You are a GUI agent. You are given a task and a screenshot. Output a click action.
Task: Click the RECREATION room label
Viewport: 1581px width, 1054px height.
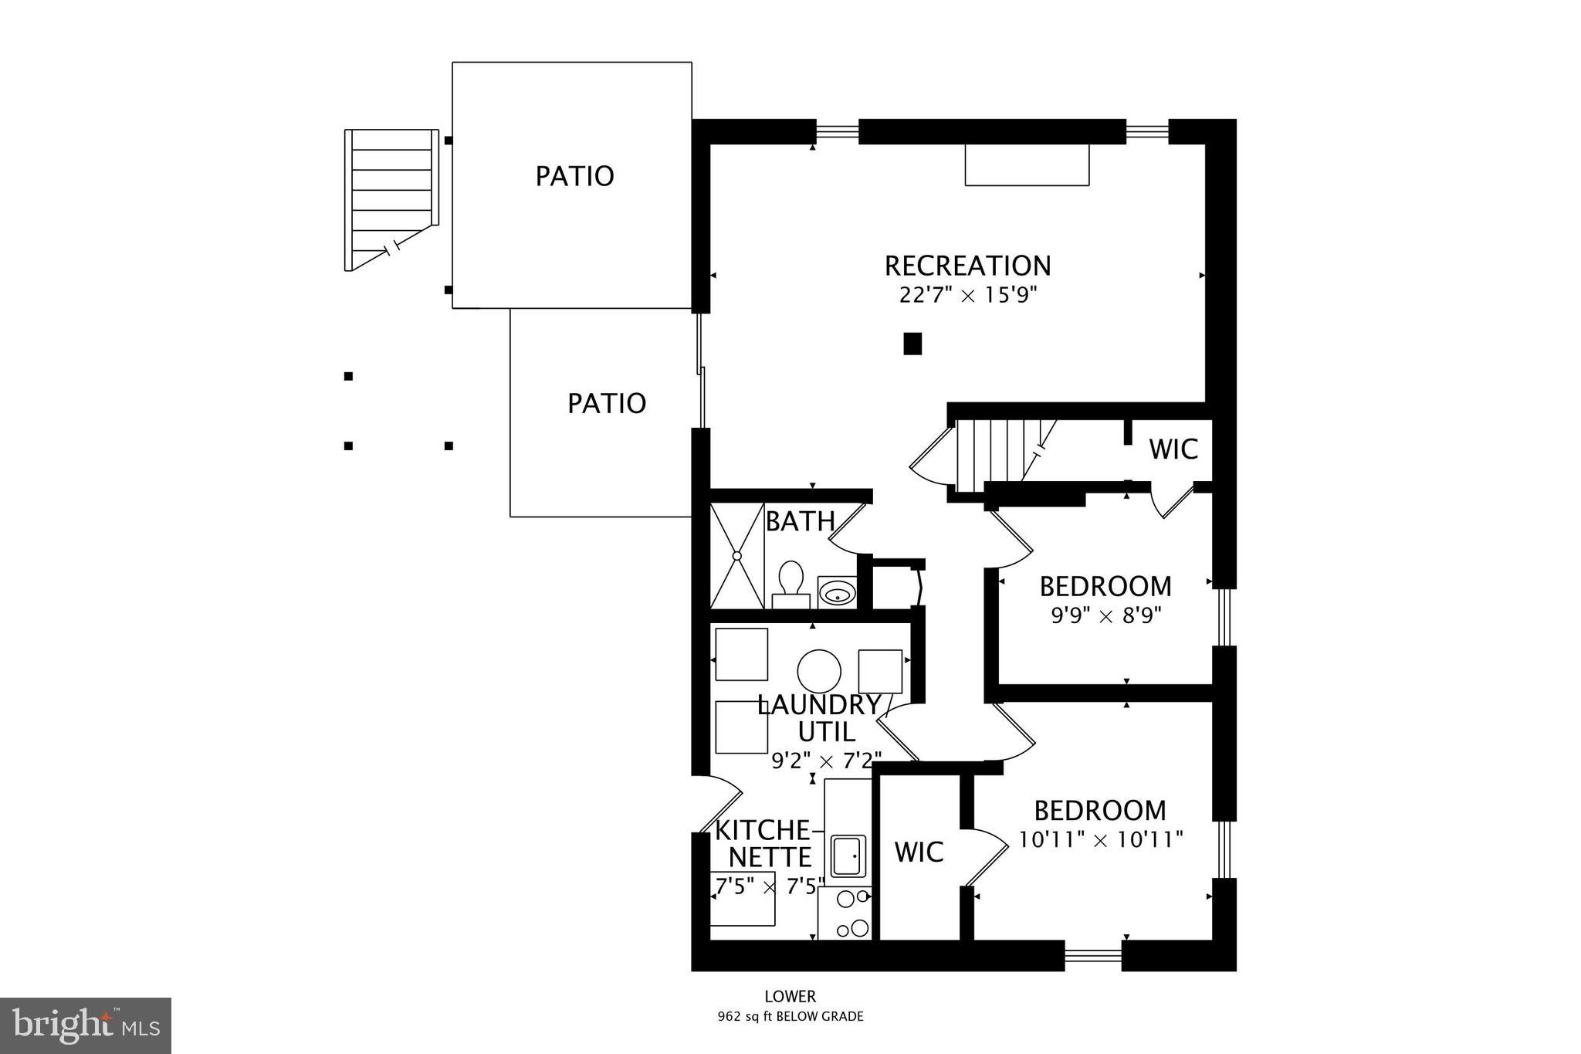pos(967,266)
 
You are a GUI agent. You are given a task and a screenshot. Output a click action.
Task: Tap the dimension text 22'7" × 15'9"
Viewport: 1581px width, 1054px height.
pos(967,295)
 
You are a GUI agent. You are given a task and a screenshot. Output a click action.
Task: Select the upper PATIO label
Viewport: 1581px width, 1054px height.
pos(574,176)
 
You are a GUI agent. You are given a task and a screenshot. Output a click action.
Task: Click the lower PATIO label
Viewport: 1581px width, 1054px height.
pos(606,403)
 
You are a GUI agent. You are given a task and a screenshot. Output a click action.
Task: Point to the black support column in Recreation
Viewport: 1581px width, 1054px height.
pos(912,344)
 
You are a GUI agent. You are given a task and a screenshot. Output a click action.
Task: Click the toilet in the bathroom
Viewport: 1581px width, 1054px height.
pos(790,585)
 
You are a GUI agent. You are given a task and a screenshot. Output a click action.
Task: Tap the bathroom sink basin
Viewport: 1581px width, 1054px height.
pos(837,593)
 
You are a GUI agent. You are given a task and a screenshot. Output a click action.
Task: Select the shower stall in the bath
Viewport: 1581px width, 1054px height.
pos(736,555)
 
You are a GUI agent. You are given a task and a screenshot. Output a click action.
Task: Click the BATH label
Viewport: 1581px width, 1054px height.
pos(800,522)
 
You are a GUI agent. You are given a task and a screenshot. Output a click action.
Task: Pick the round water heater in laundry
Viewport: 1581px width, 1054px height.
pos(819,671)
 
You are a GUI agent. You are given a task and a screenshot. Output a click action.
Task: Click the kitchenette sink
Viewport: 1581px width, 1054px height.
pos(848,856)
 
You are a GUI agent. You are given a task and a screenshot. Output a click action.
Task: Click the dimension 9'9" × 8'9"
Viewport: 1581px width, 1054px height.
pos(1106,616)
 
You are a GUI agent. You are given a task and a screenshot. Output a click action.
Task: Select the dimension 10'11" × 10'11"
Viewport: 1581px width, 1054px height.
pos(1101,839)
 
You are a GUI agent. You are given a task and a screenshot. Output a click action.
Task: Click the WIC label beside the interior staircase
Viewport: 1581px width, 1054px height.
pos(1173,449)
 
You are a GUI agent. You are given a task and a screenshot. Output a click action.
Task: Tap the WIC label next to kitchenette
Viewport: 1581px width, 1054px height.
pos(919,852)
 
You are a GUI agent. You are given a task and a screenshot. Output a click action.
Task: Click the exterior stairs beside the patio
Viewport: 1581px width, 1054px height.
pos(390,199)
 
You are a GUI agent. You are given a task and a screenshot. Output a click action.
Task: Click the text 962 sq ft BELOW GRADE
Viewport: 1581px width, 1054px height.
pos(790,1017)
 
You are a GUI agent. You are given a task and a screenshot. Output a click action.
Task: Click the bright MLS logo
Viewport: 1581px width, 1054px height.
pos(86,1025)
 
